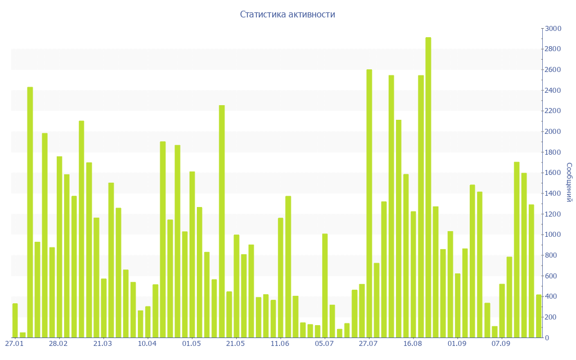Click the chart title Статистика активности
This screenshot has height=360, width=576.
[x=287, y=15]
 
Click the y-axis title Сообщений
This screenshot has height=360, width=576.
[x=569, y=182]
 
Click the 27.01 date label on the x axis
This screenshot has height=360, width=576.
[x=14, y=343]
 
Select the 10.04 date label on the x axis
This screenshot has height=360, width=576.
[x=147, y=343]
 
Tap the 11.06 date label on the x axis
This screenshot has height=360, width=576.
[x=280, y=343]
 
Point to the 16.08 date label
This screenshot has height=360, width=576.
[x=413, y=343]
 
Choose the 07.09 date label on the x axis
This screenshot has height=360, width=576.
[x=501, y=343]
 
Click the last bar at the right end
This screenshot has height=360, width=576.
[x=538, y=316]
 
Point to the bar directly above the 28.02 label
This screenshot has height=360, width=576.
[x=59, y=247]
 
